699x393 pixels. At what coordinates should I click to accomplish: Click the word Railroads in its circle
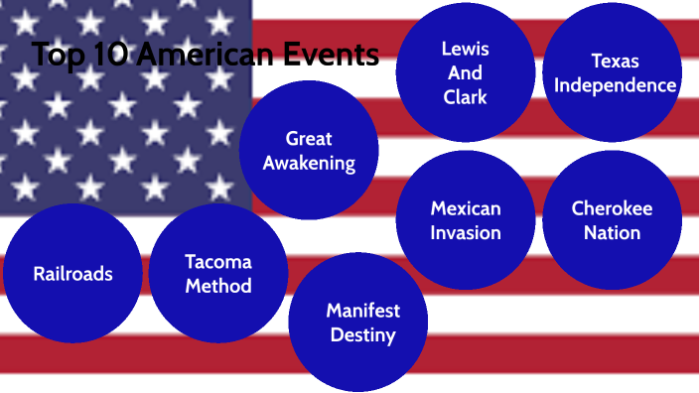click(72, 274)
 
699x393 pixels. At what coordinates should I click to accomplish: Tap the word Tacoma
click(218, 262)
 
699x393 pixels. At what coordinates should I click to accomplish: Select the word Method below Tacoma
click(218, 286)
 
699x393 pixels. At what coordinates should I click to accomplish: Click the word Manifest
click(362, 311)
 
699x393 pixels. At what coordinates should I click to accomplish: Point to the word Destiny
click(362, 335)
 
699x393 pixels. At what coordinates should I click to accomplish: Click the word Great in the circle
click(309, 138)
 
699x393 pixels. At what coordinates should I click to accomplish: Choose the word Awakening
click(309, 163)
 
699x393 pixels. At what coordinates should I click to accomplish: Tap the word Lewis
click(465, 49)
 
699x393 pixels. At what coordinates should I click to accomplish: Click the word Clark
click(465, 97)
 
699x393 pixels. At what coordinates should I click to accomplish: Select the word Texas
click(615, 61)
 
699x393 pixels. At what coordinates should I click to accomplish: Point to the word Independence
click(615, 85)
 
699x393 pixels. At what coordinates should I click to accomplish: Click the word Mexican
click(466, 208)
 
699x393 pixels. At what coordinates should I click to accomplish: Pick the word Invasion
click(466, 233)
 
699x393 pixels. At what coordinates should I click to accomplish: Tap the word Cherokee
click(612, 208)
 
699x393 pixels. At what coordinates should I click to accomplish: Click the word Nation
click(612, 233)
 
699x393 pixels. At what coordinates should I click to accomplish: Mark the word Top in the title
click(56, 56)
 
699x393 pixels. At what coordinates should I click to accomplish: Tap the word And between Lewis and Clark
click(465, 72)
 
